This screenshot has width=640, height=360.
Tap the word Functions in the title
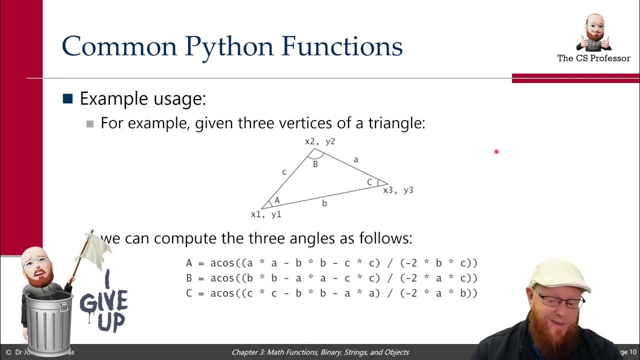(342, 46)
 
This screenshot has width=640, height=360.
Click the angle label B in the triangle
(315, 164)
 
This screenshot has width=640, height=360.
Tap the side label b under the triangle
(324, 203)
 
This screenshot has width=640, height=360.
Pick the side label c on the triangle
(284, 172)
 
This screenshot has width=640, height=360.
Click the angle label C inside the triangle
(369, 182)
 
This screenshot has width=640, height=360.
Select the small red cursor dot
(496, 151)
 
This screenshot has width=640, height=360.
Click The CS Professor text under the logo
(593, 58)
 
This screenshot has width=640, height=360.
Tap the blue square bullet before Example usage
(67, 98)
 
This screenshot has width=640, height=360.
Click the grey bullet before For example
(90, 123)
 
